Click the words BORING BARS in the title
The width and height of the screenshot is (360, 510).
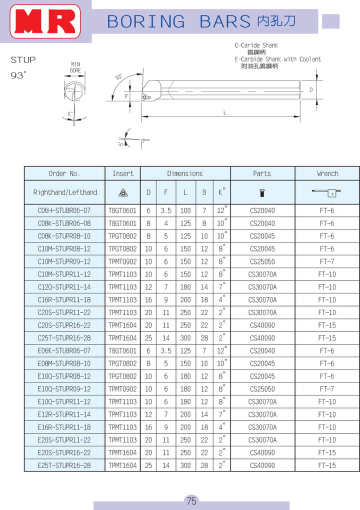(178, 21)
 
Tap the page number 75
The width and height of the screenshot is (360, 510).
(191, 501)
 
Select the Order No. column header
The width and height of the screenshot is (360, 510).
(64, 173)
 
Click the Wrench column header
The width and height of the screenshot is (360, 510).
(327, 173)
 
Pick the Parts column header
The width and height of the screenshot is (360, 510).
(262, 173)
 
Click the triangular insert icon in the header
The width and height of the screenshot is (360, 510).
(122, 192)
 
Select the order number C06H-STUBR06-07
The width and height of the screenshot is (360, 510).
(64, 210)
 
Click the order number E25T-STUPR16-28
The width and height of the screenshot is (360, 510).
(64, 465)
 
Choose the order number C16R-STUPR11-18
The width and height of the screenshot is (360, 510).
(64, 300)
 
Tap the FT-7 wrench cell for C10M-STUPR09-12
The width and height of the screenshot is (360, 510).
(327, 261)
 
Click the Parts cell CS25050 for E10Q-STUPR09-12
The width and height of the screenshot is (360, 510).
(262, 389)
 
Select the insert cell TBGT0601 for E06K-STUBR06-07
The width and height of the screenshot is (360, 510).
(122, 351)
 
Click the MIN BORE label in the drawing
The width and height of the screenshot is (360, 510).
(75, 67)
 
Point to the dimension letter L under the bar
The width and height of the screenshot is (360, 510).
(225, 112)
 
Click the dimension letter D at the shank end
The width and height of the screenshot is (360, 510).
(311, 89)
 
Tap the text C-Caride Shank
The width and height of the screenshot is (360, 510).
(256, 45)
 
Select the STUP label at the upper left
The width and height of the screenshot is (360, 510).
(23, 60)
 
